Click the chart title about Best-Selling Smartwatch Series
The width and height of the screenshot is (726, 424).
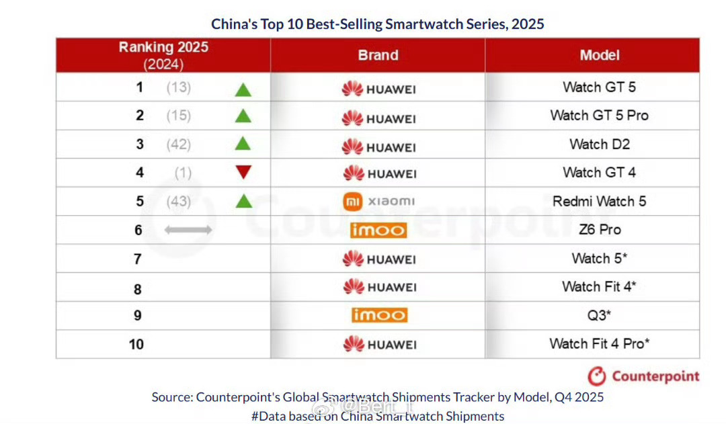click(377, 24)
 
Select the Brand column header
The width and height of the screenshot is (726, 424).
click(378, 55)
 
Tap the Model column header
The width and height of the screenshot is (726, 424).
click(599, 55)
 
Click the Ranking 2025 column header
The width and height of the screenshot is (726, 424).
click(163, 55)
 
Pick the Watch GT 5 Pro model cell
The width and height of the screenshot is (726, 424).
click(599, 116)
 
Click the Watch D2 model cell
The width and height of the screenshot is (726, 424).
click(599, 144)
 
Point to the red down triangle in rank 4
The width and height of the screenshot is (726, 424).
click(243, 173)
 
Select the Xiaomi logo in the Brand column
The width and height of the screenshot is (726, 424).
click(378, 202)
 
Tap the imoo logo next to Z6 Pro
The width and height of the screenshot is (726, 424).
click(378, 230)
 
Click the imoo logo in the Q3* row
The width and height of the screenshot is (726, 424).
click(378, 315)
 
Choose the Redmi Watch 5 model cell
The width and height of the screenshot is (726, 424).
click(599, 202)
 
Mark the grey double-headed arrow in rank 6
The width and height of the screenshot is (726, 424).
click(188, 230)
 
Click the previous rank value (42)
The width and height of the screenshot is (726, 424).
click(179, 144)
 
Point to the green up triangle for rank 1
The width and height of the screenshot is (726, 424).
click(243, 88)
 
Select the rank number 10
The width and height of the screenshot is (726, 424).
click(136, 344)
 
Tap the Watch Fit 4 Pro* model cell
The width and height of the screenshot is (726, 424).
click(599, 344)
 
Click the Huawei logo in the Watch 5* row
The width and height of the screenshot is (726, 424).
click(378, 259)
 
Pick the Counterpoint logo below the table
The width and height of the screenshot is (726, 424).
click(643, 376)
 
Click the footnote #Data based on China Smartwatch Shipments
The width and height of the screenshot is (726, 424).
click(378, 416)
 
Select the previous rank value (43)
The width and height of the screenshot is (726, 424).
click(179, 202)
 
